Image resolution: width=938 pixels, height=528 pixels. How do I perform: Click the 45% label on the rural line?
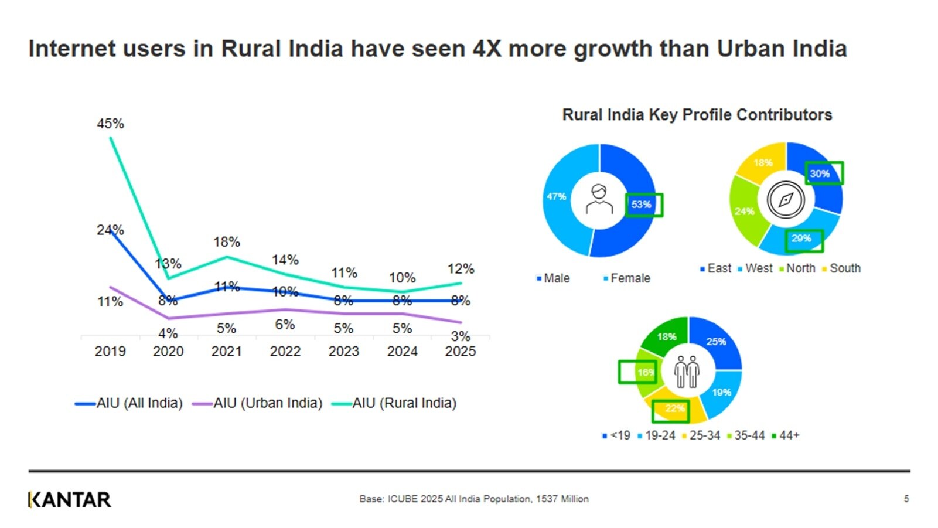(110, 124)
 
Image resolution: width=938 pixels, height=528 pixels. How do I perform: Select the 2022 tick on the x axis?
(285, 351)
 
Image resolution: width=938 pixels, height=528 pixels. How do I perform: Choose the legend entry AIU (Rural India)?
(404, 403)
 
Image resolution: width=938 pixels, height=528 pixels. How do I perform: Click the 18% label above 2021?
(227, 242)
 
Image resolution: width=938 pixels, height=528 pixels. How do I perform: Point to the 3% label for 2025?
(461, 336)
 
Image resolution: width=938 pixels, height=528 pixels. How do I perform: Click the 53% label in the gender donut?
(642, 205)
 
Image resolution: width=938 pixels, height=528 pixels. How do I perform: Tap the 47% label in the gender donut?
(556, 197)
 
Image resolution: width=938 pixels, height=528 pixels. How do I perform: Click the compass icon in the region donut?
(785, 200)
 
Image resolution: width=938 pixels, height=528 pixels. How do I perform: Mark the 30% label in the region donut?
(820, 173)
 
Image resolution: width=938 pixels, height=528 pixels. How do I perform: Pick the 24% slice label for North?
(745, 211)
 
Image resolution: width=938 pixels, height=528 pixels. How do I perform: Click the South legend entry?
(844, 268)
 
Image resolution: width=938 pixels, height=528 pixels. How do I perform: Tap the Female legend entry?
(630, 278)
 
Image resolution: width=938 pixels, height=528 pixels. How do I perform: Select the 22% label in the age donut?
(674, 408)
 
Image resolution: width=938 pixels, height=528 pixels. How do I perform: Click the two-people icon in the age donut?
(687, 372)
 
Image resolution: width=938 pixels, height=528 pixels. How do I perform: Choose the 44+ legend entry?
(789, 435)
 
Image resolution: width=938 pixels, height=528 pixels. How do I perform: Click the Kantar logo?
(69, 500)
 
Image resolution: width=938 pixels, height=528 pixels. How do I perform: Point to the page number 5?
(906, 499)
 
